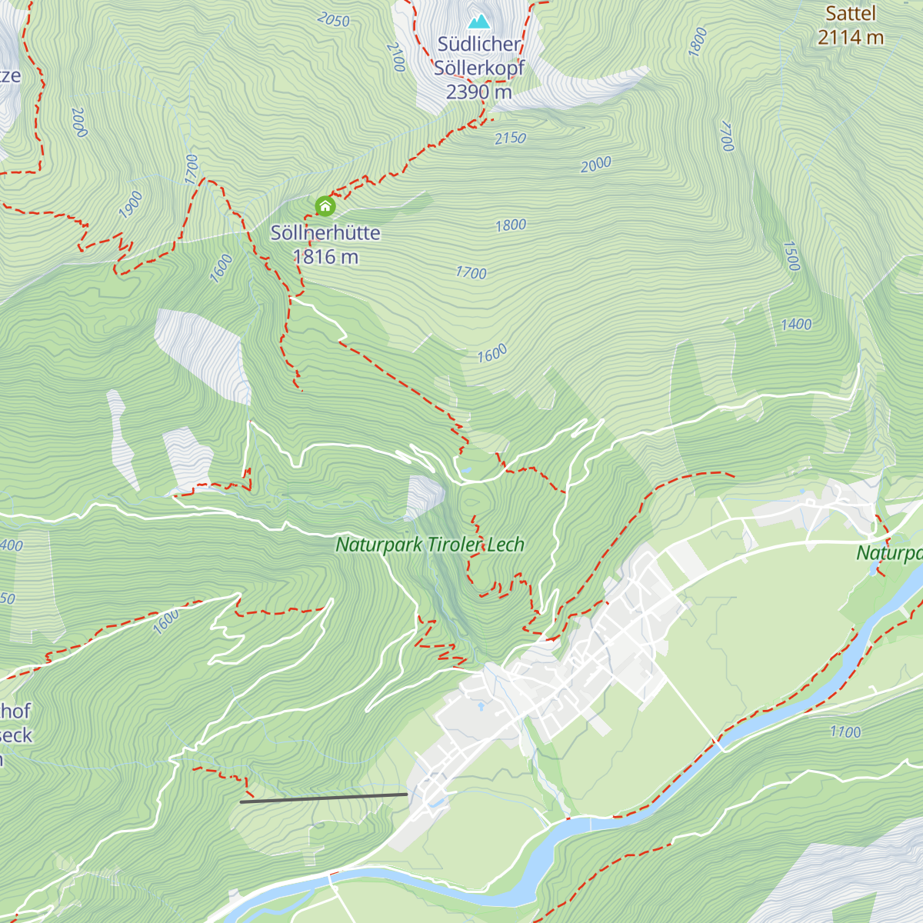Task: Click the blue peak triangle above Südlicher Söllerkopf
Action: [x=478, y=21]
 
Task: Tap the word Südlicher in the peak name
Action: [x=478, y=45]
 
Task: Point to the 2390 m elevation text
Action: [x=478, y=92]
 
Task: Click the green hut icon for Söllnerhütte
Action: [x=325, y=205]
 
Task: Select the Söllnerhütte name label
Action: [x=325, y=233]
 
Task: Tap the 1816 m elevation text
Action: [x=325, y=257]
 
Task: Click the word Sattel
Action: [x=851, y=14]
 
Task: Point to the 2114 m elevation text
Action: [x=851, y=37]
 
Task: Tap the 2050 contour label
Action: [x=333, y=20]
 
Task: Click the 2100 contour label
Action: [x=395, y=57]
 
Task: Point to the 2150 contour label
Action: [x=510, y=138]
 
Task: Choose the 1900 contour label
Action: [x=131, y=205]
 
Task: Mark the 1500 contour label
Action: [x=791, y=256]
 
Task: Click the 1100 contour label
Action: [x=845, y=732]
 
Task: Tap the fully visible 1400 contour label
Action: [x=796, y=325]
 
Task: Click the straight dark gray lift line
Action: [x=323, y=798]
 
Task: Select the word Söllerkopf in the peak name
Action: [x=478, y=68]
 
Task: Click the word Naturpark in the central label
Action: [x=379, y=545]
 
